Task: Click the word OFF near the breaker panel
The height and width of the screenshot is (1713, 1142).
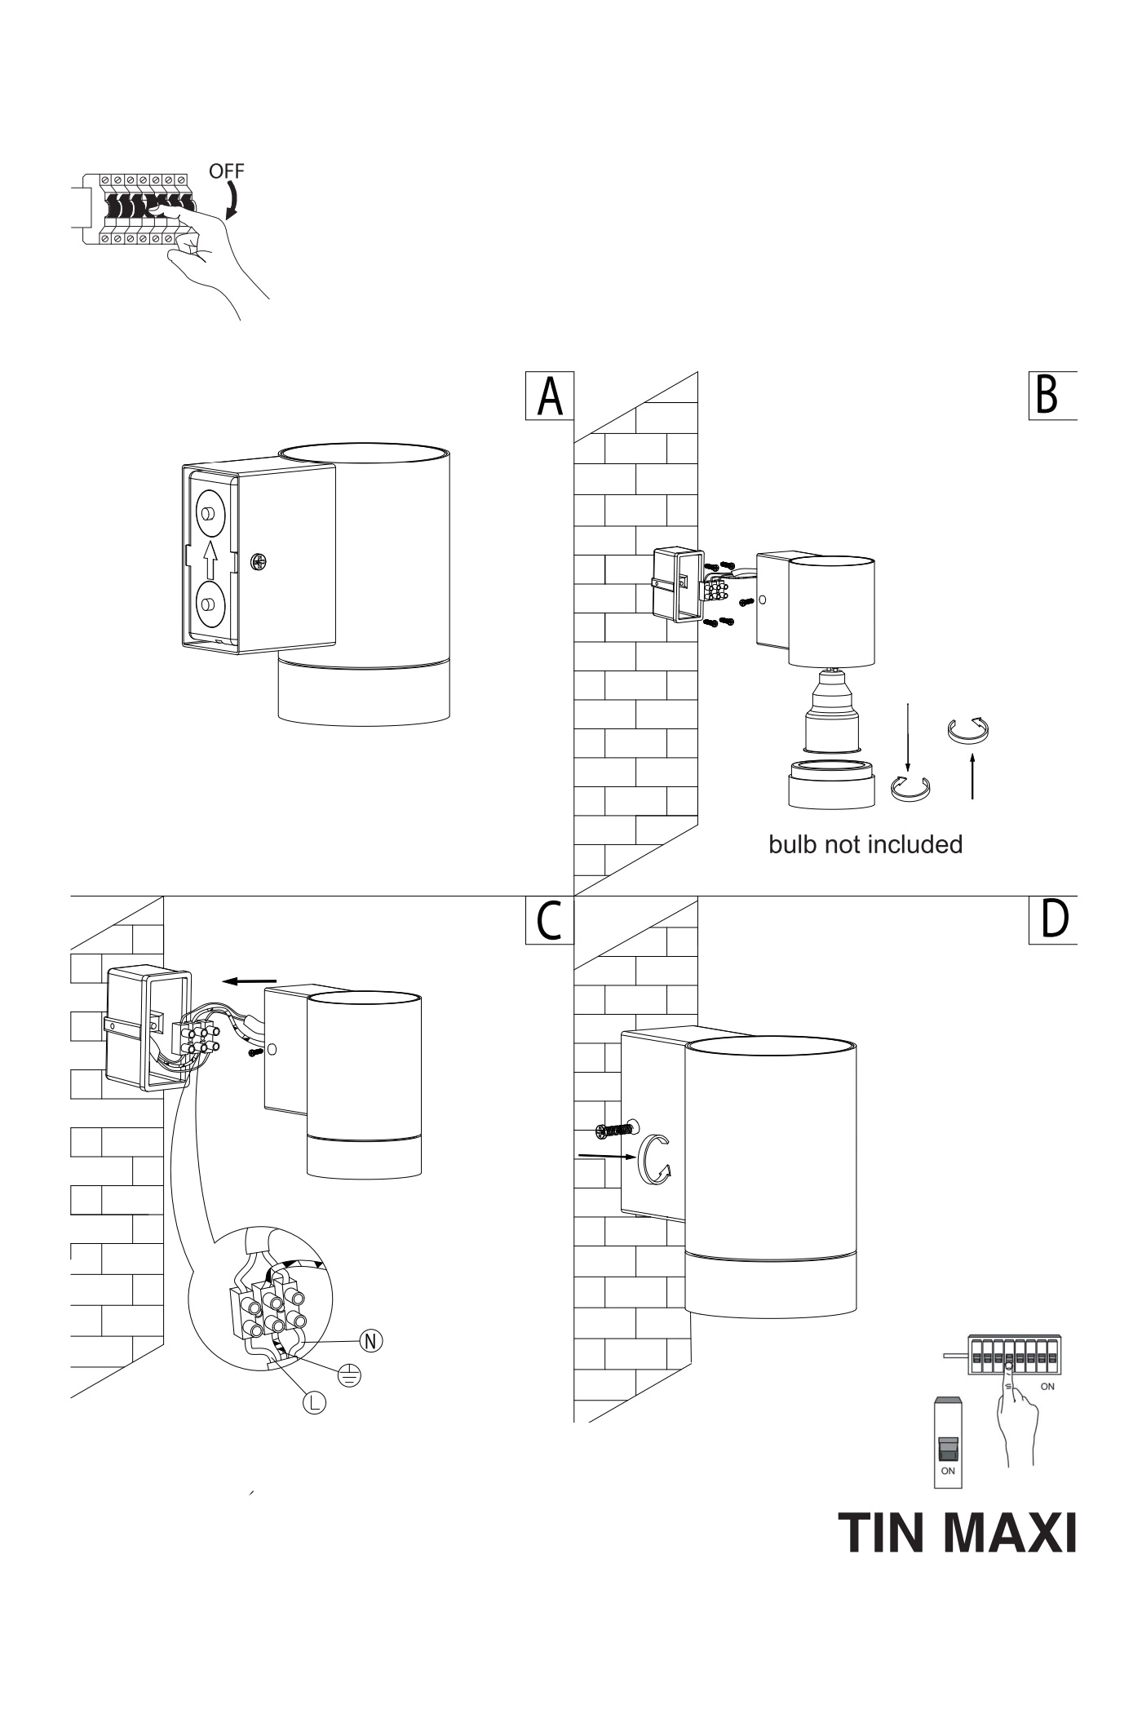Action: coord(226,171)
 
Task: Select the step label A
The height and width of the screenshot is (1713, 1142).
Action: coord(550,396)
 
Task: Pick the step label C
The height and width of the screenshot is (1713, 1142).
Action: coord(549,921)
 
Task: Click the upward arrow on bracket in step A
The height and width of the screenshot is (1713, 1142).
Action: coord(210,560)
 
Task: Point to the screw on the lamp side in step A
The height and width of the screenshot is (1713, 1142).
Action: coord(259,562)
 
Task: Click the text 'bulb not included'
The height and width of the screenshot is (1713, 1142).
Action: coord(865,844)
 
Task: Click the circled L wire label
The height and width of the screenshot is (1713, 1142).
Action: coord(315,1402)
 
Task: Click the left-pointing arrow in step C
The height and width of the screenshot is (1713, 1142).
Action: coord(250,981)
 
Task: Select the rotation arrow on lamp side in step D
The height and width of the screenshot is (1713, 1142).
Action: coord(654,1157)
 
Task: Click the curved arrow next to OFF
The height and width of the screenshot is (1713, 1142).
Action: coord(233,201)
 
